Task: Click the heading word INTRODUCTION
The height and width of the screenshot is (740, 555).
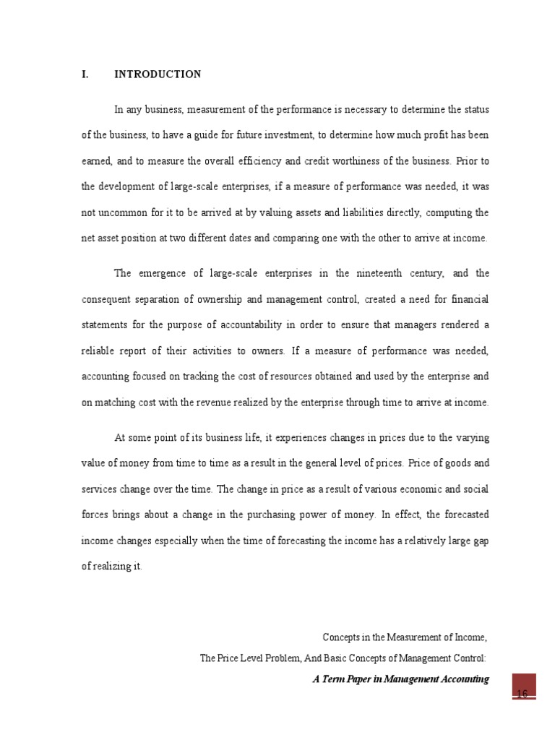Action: [x=158, y=74]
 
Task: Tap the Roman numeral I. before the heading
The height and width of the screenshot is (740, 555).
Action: [x=85, y=74]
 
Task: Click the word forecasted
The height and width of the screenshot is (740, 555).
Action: [x=460, y=515]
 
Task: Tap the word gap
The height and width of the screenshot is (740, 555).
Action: [x=481, y=541]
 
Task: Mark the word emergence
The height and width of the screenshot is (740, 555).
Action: [x=158, y=273]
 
